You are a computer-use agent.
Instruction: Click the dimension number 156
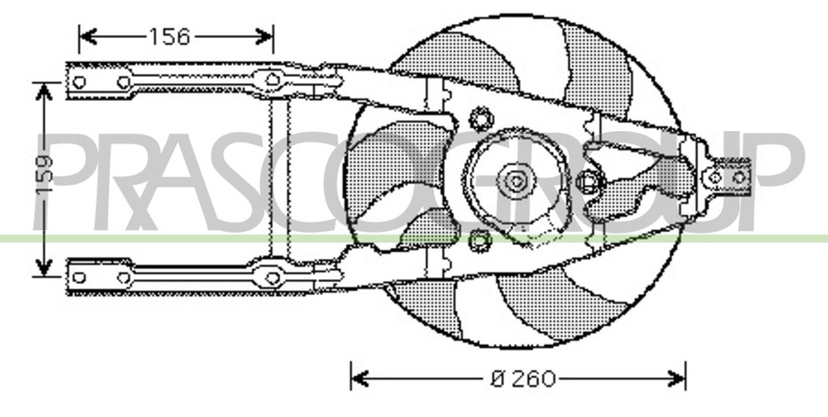[170, 37]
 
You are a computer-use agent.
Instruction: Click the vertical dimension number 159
[45, 174]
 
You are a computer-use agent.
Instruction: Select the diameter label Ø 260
[523, 379]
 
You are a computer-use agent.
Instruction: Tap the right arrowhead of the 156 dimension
[264, 37]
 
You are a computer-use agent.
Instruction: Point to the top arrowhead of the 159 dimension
[44, 92]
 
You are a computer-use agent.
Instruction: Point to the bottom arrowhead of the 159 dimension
[44, 266]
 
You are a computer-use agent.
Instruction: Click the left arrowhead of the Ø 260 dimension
[360, 379]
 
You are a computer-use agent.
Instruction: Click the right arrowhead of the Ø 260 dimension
[677, 379]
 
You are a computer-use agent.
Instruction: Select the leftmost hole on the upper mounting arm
[80, 82]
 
